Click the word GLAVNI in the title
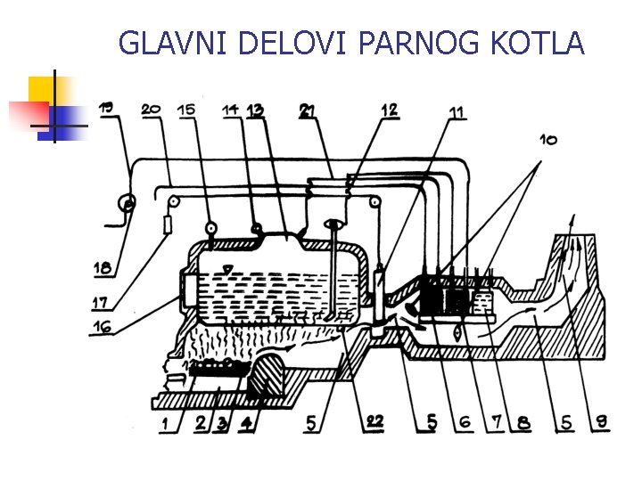pos(172,43)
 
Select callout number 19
pos(106,108)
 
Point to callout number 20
pos(151,110)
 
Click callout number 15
pos(186,110)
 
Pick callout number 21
pos(307,110)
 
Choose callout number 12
pos(389,110)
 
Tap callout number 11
pos(457,111)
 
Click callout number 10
pos(548,141)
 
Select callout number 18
pos(103,268)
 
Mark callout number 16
pos(102,326)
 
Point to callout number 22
pos(374,421)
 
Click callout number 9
pos(602,421)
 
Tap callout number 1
pos(165,424)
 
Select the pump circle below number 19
pos(127,202)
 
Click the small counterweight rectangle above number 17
pos(167,224)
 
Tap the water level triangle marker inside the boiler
pos(226,269)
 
